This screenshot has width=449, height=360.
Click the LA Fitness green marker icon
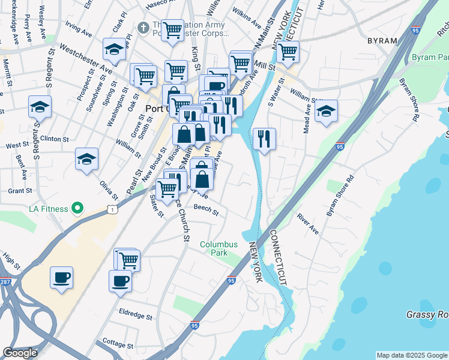tap(77, 208)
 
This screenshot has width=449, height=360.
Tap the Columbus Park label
tap(219, 248)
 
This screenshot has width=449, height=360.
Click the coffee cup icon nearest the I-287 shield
tap(61, 278)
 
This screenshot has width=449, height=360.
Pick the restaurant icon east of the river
tap(264, 139)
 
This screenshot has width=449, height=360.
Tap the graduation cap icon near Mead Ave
tap(326, 111)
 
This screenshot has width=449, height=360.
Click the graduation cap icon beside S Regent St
tap(40, 107)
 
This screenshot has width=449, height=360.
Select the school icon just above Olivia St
tap(86, 159)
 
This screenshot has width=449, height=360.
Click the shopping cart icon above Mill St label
tap(288, 51)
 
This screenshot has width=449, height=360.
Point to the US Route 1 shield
tap(112, 208)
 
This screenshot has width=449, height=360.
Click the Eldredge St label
tap(134, 313)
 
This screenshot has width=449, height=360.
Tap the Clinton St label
tap(55, 139)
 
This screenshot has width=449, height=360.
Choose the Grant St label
tap(20, 191)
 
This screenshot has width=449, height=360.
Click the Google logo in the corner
tap(20, 353)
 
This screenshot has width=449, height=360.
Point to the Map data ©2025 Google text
tap(411, 355)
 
